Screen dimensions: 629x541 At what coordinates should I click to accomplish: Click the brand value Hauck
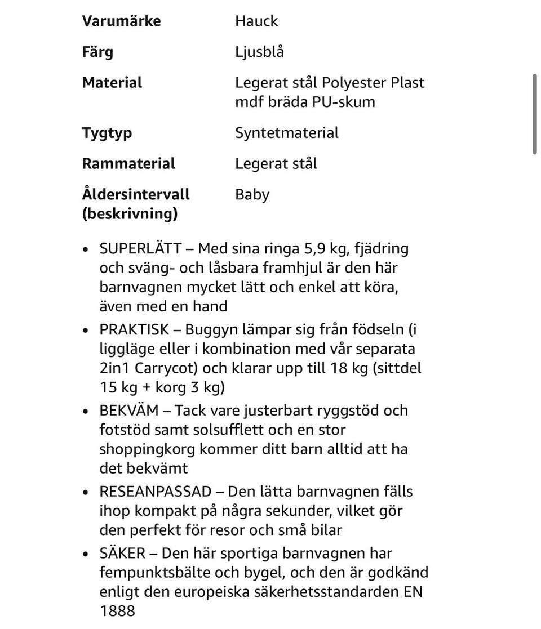256,21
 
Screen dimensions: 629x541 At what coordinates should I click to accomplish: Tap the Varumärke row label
121,21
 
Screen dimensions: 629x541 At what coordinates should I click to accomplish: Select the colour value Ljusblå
259,52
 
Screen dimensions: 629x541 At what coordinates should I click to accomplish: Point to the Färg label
97,52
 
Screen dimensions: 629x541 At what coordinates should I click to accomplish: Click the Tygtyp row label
107,133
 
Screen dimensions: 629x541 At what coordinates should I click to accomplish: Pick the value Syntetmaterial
287,133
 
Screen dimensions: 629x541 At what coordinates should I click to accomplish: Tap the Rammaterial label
128,164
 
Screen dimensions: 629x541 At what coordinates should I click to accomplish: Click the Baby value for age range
252,195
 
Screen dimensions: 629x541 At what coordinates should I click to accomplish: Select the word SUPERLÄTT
140,248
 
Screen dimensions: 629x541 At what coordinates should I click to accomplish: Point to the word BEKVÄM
128,410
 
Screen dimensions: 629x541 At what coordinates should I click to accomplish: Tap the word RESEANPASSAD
156,492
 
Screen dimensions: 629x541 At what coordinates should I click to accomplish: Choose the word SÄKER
122,553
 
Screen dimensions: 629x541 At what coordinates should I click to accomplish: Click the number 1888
117,611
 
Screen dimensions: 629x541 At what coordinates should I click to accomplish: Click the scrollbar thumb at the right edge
535,113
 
